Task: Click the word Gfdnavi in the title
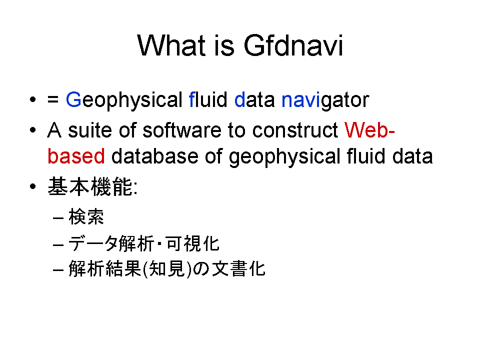(x=293, y=45)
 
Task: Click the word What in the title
(x=171, y=45)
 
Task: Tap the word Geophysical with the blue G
(x=124, y=100)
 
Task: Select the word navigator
(x=325, y=100)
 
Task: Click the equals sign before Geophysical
(x=53, y=99)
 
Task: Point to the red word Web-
(x=369, y=130)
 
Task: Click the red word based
(x=76, y=156)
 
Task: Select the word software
(x=182, y=130)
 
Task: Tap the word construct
(x=295, y=130)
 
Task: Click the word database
(x=154, y=156)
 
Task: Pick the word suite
(x=90, y=130)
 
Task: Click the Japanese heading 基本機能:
(x=93, y=186)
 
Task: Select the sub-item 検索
(x=86, y=216)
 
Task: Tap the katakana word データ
(x=93, y=243)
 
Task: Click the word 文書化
(x=239, y=269)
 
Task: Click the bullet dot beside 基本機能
(x=33, y=186)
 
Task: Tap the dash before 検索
(x=58, y=218)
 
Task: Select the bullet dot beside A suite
(x=33, y=130)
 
